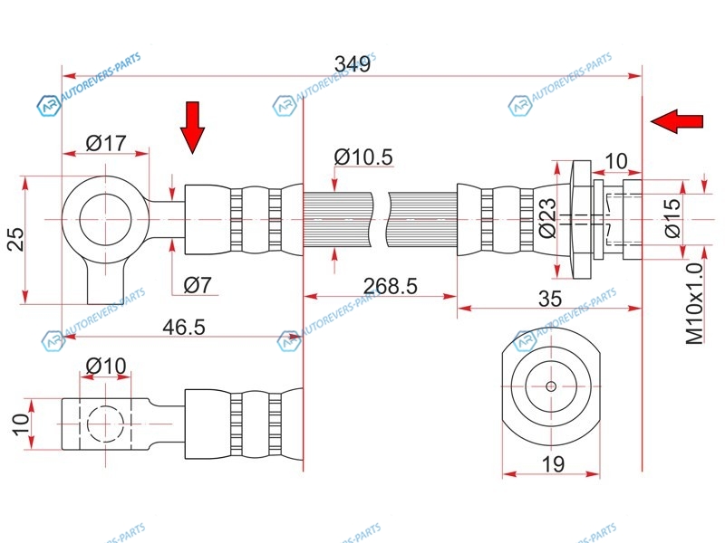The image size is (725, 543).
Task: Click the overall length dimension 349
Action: coord(352,64)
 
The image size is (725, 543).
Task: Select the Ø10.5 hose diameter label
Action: coord(363,157)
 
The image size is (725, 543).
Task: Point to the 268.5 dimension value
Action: coord(390,286)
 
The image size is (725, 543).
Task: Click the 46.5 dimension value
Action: coord(184,328)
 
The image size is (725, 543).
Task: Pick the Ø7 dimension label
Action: coord(197,285)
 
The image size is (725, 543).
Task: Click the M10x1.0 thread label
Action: coord(694,303)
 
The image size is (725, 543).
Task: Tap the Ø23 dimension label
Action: coord(546,218)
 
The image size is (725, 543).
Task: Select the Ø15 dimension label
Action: coord(671,218)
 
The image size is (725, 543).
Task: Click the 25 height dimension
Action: coord(14,240)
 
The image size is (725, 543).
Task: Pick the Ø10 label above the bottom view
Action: coord(106,367)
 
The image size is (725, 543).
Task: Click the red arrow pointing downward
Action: coord(192,127)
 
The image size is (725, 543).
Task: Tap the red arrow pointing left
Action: coord(677,120)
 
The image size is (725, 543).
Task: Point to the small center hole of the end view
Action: coord(551,386)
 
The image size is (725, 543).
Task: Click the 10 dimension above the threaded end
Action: coord(615,161)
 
